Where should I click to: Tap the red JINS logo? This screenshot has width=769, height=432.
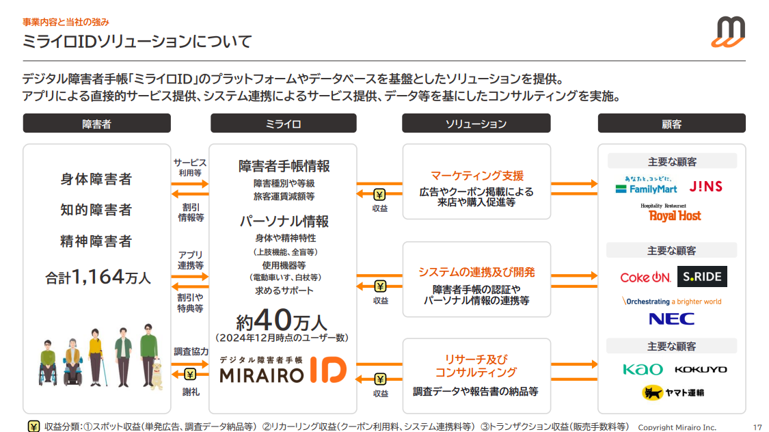point(706,186)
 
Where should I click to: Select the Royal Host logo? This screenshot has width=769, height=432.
point(675,213)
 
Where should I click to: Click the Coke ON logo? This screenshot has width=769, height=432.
point(645,277)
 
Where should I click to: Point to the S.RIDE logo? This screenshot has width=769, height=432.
point(702,277)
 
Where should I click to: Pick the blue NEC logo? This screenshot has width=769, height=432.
point(671,319)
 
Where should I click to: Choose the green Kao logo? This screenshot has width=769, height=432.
point(643,369)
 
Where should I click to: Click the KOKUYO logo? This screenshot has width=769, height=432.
point(701,369)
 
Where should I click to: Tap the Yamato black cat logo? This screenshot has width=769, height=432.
point(673,392)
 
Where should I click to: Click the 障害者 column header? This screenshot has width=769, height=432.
point(96,124)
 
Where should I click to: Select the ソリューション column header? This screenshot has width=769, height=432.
point(476,124)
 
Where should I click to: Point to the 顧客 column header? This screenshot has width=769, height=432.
point(671,124)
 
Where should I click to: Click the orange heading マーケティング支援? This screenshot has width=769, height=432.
point(476,176)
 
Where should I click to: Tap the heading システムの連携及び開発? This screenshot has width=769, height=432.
point(476,272)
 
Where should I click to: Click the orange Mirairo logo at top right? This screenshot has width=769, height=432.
point(727,32)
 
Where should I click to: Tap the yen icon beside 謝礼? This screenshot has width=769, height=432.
point(190,374)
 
